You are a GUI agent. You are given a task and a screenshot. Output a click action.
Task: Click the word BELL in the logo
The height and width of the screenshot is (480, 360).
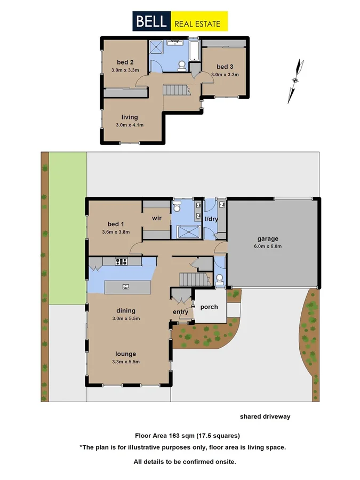(151, 22)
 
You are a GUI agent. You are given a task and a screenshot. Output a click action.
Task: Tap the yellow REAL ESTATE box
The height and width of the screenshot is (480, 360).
(198, 22)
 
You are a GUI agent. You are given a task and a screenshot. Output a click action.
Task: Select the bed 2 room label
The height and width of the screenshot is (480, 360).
(125, 62)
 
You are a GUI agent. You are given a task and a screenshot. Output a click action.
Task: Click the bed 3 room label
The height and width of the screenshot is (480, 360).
(225, 67)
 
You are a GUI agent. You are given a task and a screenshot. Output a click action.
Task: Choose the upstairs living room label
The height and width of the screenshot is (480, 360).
(130, 117)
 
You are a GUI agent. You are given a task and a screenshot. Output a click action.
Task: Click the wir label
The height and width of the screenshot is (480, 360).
(157, 218)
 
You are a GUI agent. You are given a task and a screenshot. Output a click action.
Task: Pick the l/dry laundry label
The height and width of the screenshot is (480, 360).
(212, 219)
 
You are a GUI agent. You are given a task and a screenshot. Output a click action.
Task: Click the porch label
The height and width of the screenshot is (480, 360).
(209, 307)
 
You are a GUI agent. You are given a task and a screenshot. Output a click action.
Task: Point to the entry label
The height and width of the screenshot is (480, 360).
(180, 312)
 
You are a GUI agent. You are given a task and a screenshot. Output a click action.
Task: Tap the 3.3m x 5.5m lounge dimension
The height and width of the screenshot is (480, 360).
(127, 362)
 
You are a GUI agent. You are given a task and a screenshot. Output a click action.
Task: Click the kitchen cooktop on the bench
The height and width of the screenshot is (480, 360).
(121, 261)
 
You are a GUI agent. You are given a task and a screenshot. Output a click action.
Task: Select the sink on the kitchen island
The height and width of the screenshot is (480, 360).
(126, 287)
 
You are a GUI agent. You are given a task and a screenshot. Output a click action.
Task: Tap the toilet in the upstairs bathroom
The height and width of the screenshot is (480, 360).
(182, 65)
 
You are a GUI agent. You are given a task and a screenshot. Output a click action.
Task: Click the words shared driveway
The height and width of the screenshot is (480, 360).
(265, 417)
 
